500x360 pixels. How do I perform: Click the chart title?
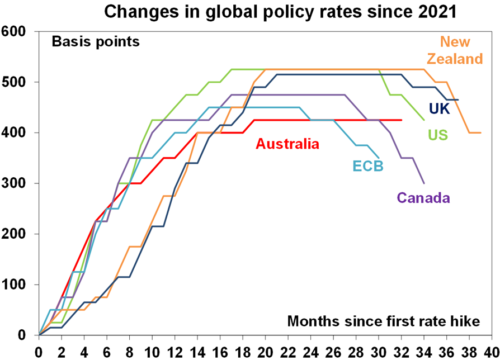tap(249, 11)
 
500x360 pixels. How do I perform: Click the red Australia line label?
tap(287, 144)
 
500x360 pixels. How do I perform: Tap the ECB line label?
tap(367, 166)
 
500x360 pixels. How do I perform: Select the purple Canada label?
tap(423, 197)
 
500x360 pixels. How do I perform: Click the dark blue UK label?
tap(439, 108)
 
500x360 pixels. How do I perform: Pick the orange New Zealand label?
tap(454, 50)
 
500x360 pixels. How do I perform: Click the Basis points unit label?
tap(95, 41)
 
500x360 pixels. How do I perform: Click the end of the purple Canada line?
tap(424, 183)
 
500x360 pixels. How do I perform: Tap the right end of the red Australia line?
tap(402, 120)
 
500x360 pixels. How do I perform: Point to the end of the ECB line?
tap(379, 158)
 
